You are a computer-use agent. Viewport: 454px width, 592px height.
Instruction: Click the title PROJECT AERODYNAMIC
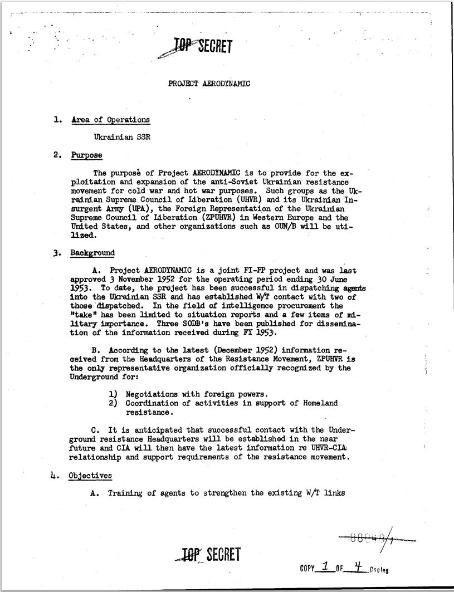pos(209,84)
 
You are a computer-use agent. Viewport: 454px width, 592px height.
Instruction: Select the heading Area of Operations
pos(110,120)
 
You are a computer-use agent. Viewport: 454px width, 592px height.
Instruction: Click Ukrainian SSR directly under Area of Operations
pos(121,136)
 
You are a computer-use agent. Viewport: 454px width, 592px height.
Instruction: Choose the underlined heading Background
pos(92,253)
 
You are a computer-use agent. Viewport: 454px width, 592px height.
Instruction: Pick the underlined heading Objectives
pos(90,476)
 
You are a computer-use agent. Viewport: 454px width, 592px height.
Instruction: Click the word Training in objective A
pos(125,493)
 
